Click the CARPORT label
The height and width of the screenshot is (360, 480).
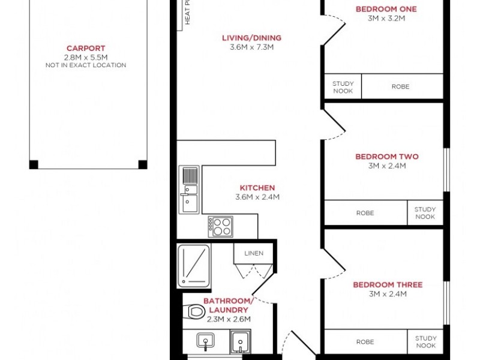click(x=86, y=48)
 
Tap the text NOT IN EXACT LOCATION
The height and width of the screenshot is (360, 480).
click(x=86, y=65)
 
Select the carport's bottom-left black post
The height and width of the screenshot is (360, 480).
click(x=34, y=164)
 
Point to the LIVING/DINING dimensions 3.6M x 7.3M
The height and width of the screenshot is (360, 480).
click(x=251, y=47)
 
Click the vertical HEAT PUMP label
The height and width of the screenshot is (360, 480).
click(x=187, y=12)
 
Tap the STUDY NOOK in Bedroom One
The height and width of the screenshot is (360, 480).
click(x=343, y=87)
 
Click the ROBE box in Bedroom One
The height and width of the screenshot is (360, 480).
click(x=400, y=87)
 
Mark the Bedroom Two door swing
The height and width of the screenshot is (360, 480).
click(x=335, y=124)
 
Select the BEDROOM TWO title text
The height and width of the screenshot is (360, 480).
click(x=387, y=157)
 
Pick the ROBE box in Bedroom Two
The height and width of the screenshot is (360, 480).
click(x=365, y=213)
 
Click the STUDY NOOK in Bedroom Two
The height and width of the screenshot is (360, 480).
click(x=425, y=213)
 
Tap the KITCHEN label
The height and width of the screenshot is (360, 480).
click(x=257, y=188)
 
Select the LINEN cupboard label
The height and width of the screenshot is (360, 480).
click(x=254, y=253)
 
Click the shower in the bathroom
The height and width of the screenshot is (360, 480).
click(x=194, y=265)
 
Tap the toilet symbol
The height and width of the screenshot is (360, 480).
click(x=195, y=311)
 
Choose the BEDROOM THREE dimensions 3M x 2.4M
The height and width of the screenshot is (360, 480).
click(x=387, y=294)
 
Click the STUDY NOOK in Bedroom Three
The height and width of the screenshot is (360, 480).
click(x=425, y=342)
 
